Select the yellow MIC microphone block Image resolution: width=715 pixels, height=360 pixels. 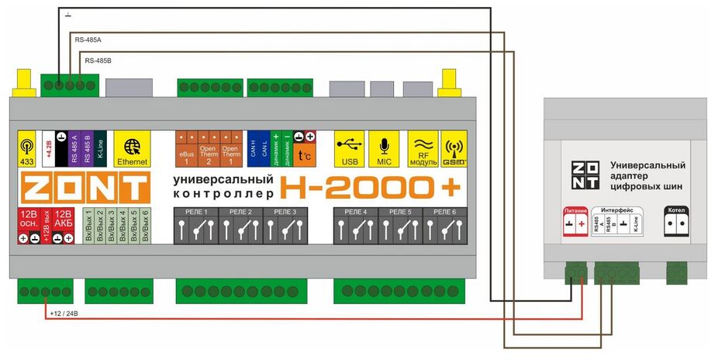[382, 148]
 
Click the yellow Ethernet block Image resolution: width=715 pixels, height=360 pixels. [131, 148]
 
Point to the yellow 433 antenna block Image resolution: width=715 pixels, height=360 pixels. [26, 148]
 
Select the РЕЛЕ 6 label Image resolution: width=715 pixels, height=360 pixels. [445, 212]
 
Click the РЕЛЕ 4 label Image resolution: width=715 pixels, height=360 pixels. [355, 212]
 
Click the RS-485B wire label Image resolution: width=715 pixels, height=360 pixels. [98, 60]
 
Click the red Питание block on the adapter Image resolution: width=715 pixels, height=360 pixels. [575, 221]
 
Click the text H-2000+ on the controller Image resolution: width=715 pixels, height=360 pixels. [370, 187]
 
